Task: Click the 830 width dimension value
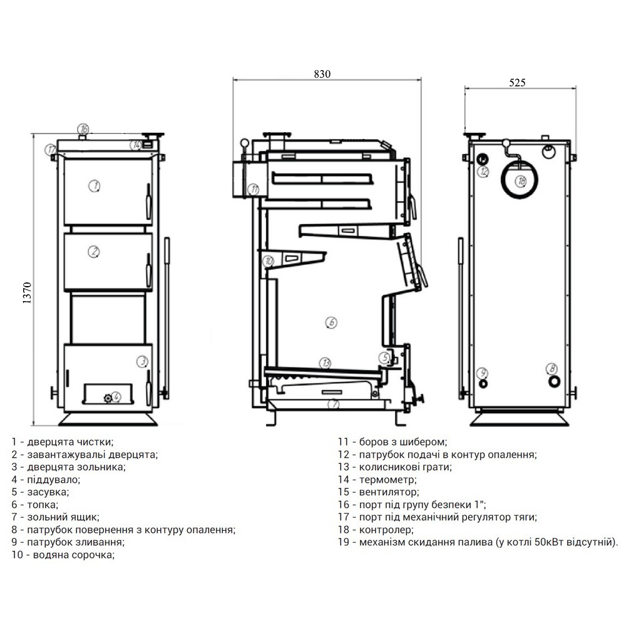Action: [x=322, y=74]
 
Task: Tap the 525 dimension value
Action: [x=517, y=83]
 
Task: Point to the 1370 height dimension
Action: [x=27, y=293]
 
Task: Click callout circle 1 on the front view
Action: [x=95, y=186]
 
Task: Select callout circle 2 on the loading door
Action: [x=93, y=252]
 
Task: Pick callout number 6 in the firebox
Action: [x=331, y=322]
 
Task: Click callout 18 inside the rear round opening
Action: [x=521, y=182]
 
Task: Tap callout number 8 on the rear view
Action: [x=552, y=368]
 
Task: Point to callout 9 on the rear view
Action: [x=483, y=373]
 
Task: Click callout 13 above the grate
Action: [x=326, y=363]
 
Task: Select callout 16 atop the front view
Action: [x=83, y=129]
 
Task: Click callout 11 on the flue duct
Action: [x=254, y=189]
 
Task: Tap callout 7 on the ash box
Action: [x=334, y=404]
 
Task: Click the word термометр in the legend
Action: [x=387, y=480]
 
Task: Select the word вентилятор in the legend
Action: [x=389, y=492]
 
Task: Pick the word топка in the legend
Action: [x=43, y=505]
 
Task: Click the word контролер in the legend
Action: [x=386, y=530]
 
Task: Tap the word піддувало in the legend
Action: [x=53, y=480]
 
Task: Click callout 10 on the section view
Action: [x=269, y=261]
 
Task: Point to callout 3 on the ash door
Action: [x=142, y=361]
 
